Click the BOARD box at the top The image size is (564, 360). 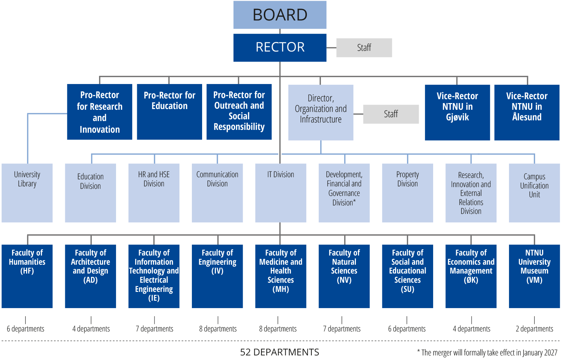point(280,15)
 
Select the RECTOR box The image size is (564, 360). point(280,47)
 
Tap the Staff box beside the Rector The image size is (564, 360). point(364,48)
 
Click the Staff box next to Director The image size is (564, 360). point(391,114)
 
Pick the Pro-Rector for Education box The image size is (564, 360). point(169,112)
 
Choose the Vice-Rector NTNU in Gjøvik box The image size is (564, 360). point(457,112)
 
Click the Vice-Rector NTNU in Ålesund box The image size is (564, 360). point(527,112)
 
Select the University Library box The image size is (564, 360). point(27,193)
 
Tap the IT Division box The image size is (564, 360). point(280,193)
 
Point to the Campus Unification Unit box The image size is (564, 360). point(534,193)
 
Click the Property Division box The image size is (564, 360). point(407,193)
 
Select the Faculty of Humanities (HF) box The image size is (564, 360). point(27,276)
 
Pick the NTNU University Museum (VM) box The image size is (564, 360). point(534,276)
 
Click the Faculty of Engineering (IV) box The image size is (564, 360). point(217,276)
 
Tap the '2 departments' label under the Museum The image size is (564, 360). point(534,329)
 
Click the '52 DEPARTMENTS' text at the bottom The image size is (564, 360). point(280,352)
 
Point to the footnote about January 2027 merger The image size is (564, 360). point(487,353)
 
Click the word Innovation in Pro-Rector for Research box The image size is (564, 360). point(100,130)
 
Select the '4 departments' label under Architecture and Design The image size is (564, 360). point(91,329)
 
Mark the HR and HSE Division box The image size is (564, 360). point(154,193)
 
